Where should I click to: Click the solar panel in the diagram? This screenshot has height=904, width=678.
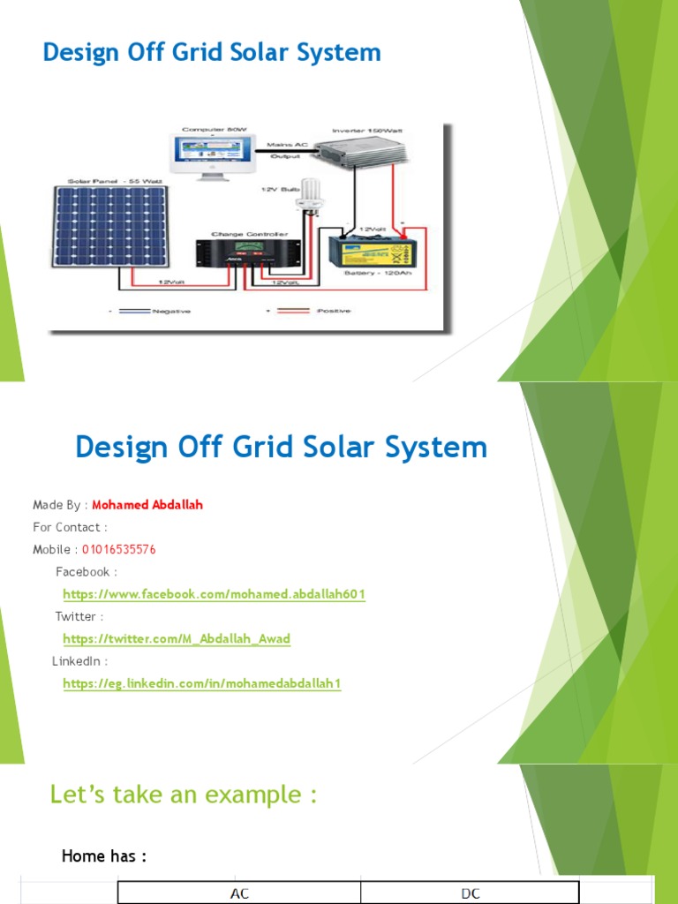click(117, 226)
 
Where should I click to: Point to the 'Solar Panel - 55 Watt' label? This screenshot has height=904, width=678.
click(103, 181)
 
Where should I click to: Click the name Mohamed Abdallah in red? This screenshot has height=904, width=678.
click(147, 505)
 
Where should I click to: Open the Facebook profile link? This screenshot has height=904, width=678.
click(214, 595)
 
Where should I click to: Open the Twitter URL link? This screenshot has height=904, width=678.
click(177, 639)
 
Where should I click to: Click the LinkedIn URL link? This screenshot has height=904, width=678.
click(201, 684)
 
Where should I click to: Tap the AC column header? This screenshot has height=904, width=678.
click(239, 893)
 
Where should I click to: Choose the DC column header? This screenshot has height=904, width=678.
click(470, 893)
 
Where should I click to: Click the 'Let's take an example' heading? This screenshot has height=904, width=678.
click(183, 795)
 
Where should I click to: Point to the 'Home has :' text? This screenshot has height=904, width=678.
click(103, 856)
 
